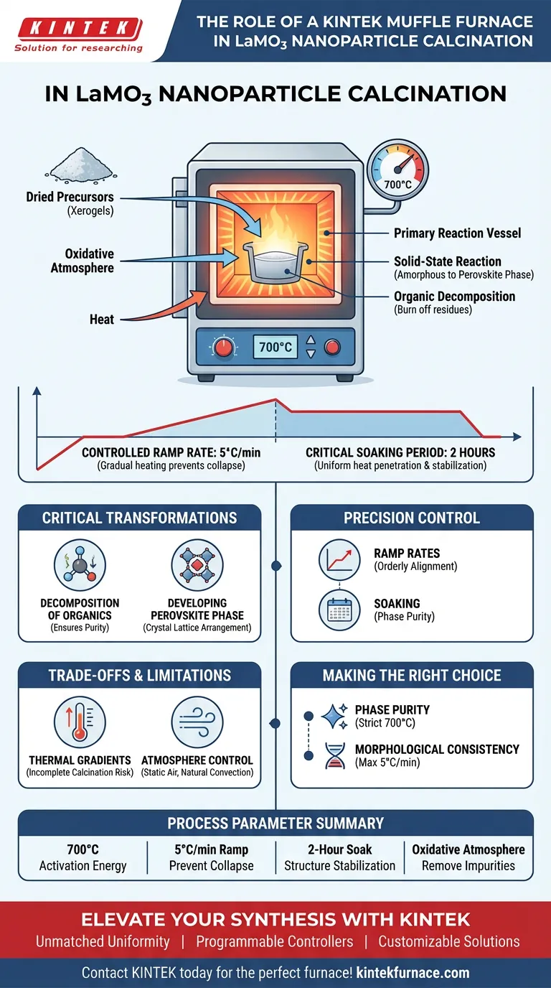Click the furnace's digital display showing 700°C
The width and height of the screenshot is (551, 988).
click(x=275, y=348)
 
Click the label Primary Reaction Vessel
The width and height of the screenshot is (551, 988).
click(x=457, y=233)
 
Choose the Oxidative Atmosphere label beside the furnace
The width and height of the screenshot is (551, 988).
click(x=90, y=261)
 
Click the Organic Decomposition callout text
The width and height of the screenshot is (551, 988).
click(x=454, y=296)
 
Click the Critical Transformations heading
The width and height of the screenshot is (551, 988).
click(x=139, y=518)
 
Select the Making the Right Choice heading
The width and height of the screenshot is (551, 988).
click(x=412, y=675)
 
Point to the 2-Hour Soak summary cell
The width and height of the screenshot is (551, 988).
click(x=339, y=857)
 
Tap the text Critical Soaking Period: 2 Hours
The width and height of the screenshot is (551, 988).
click(x=400, y=453)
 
